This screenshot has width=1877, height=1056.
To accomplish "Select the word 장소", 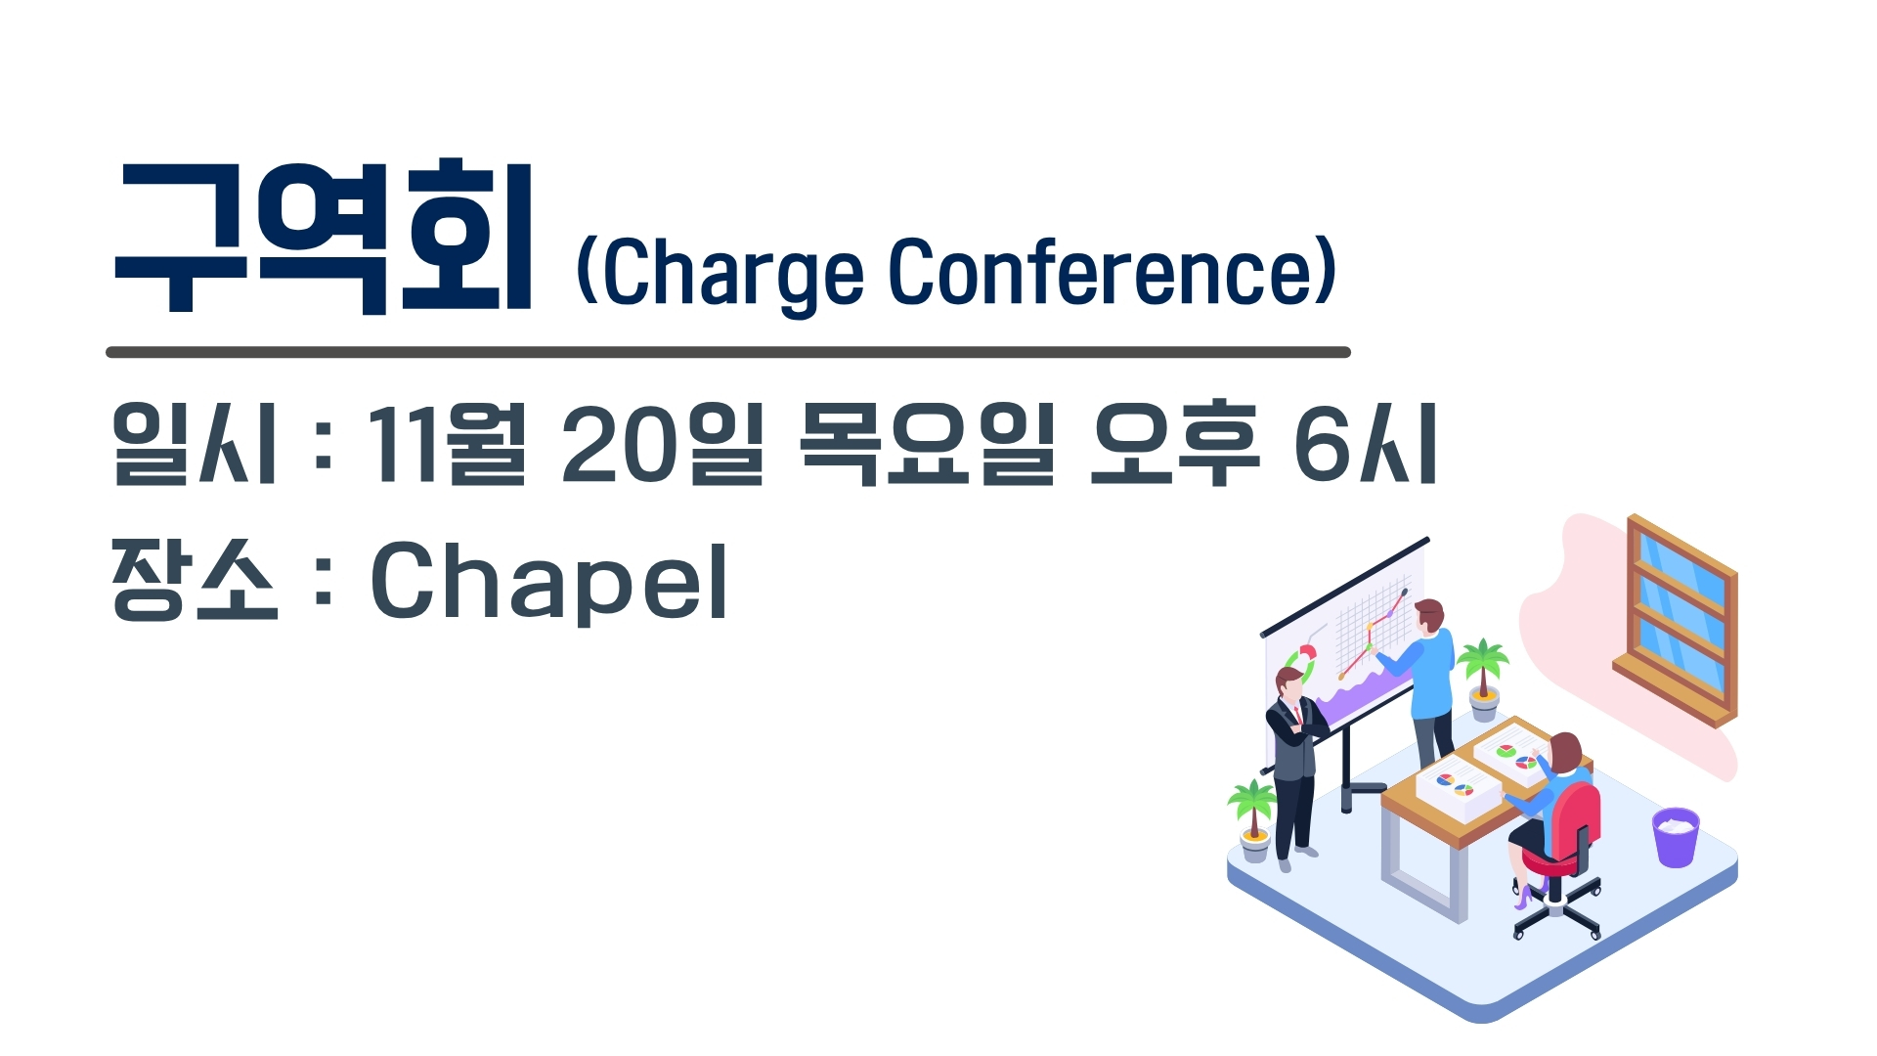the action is point(195,579).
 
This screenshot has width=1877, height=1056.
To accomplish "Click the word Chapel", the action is point(548,582).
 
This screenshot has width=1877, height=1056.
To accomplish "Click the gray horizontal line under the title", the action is point(728,352).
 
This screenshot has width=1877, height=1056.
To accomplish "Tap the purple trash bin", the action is point(1676,837).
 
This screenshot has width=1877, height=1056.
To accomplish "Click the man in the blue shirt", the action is point(1426,683).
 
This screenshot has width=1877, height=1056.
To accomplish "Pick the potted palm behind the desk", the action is point(1483,680).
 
